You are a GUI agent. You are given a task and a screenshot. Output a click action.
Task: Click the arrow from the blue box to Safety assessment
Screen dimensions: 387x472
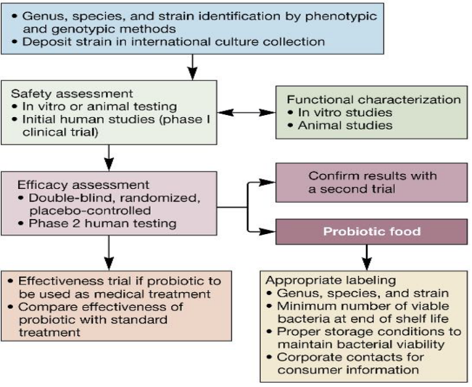[x=192, y=66]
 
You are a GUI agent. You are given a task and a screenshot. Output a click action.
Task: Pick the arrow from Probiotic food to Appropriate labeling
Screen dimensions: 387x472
[x=367, y=253]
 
